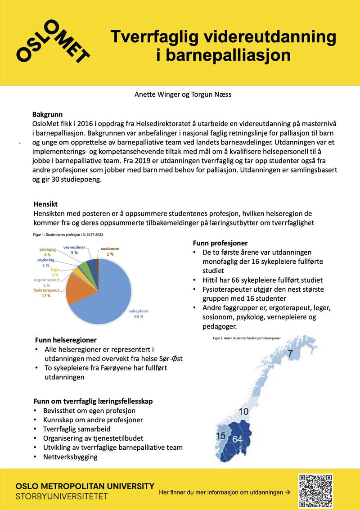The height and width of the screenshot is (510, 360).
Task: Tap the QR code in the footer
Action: [315, 490]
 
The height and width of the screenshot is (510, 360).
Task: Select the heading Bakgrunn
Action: [47, 114]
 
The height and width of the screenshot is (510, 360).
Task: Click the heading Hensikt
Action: [45, 204]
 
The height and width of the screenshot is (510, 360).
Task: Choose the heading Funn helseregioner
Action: [66, 340]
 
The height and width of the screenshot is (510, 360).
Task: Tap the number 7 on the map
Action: [291, 354]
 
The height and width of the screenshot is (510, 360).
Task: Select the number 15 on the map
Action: [220, 436]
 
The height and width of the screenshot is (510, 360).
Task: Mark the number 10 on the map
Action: [243, 411]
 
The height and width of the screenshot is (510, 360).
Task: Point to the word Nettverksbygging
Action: [70, 456]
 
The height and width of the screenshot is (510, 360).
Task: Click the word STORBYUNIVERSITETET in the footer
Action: [62, 496]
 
